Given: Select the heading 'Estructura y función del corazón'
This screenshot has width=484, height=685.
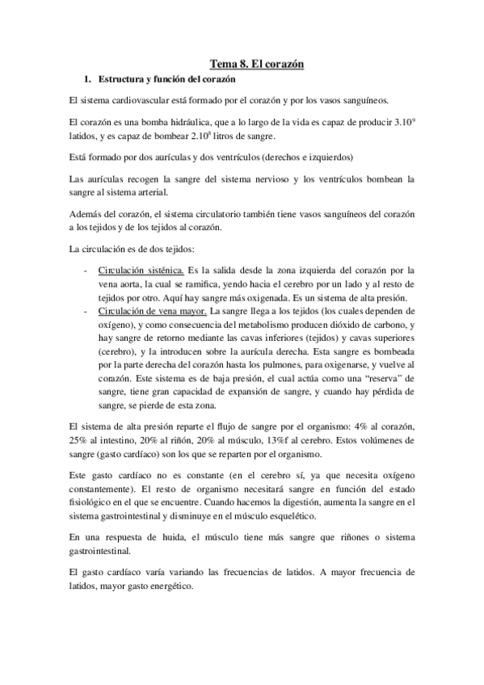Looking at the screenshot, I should click(166, 80).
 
